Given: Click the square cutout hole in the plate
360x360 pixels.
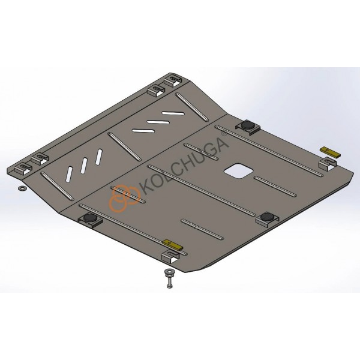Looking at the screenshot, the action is (x=239, y=171).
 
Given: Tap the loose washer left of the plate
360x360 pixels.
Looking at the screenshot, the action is (x=22, y=188).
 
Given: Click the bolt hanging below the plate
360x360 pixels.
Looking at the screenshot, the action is (x=169, y=278).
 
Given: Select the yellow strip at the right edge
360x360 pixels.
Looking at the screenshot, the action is (x=331, y=152).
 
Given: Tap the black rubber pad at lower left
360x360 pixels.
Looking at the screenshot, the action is (x=90, y=217).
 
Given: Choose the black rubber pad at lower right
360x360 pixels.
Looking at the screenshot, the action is (x=267, y=216).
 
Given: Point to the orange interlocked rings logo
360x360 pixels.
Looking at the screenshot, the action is (x=125, y=197).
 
